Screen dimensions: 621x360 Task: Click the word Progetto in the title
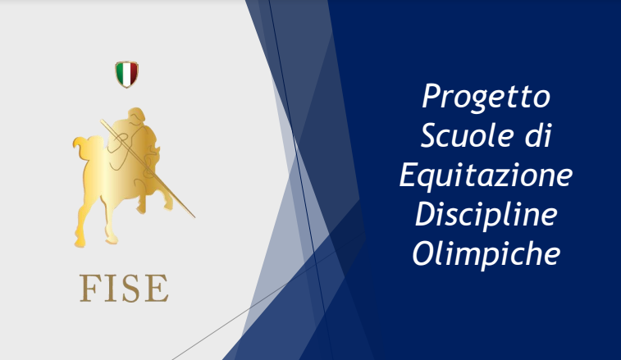pos(486,97)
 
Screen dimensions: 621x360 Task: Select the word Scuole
pos(466,135)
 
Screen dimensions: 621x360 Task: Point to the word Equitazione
pos(486,175)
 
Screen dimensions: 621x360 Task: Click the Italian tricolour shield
pos(126,74)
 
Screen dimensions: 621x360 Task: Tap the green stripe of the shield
pos(119,72)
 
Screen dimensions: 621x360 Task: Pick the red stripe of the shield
pos(134,72)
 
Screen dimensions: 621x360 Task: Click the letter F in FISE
pos(89,288)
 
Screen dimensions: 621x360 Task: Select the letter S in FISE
pos(130,288)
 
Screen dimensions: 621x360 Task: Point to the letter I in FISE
pos(110,288)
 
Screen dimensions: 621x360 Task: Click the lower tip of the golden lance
pos(194,217)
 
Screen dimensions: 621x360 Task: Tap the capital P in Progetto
pos(431,95)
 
